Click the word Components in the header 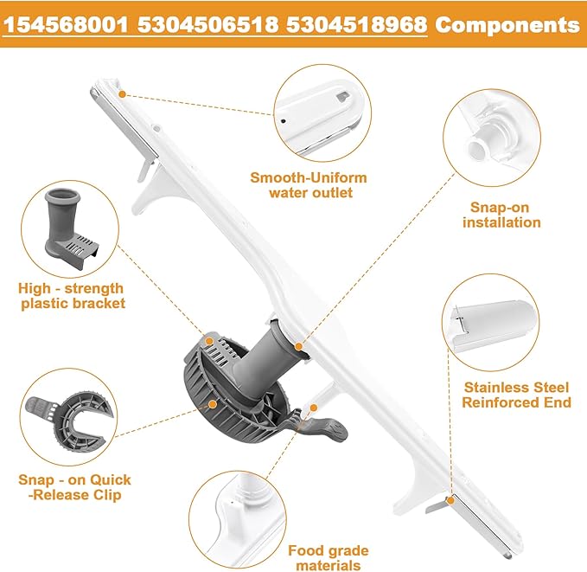(x=507, y=24)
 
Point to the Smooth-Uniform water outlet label (x=309, y=185)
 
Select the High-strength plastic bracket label (x=71, y=295)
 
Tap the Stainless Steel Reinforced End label (x=517, y=395)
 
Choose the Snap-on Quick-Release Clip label (x=74, y=487)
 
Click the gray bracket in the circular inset (x=72, y=227)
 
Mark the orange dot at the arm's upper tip (x=123, y=93)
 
